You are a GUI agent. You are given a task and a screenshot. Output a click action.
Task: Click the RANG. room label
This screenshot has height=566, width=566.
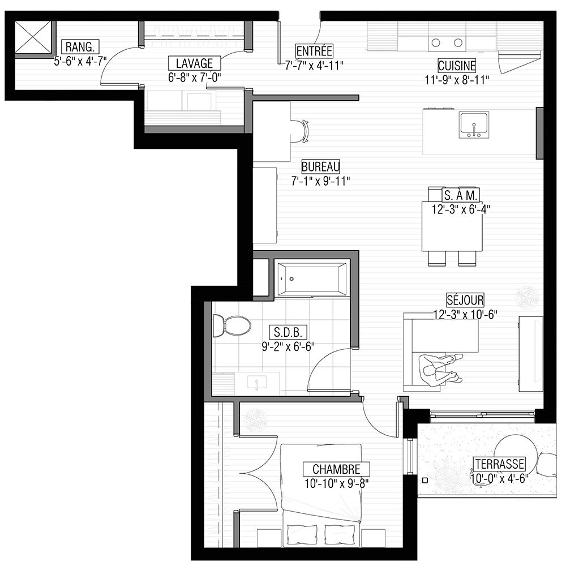[x=80, y=47]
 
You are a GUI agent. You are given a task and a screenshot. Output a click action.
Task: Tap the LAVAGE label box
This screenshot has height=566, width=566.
[x=195, y=63]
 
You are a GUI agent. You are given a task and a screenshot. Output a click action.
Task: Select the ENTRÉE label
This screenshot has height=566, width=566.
[x=314, y=51]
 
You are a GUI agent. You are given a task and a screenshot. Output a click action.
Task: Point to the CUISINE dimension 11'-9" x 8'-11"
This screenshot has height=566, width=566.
[x=457, y=80]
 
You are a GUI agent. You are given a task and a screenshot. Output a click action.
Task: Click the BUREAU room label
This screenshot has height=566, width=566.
[x=320, y=167]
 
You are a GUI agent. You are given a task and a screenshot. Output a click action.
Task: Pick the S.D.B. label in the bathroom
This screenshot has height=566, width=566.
[x=288, y=332]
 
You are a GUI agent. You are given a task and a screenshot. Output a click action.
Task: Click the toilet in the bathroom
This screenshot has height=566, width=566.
[x=231, y=325]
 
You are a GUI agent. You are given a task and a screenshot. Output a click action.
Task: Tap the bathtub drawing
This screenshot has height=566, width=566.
[x=312, y=279]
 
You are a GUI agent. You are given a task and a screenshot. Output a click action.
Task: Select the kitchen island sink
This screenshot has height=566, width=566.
[x=474, y=125]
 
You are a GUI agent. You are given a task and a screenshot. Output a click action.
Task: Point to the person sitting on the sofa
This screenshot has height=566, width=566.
[x=440, y=370]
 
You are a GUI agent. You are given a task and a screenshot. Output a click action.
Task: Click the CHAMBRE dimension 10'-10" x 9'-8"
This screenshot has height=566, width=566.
[x=336, y=484]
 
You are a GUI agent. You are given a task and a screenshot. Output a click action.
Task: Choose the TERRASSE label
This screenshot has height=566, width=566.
[x=500, y=464]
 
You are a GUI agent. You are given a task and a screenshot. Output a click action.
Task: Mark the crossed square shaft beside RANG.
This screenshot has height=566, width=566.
[x=33, y=37]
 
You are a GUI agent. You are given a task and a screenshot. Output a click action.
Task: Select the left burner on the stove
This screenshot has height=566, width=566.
[x=436, y=42]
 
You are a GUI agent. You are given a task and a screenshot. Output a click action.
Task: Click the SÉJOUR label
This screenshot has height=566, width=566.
[x=465, y=300]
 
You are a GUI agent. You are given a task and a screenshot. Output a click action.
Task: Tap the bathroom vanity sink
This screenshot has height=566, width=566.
[x=256, y=383]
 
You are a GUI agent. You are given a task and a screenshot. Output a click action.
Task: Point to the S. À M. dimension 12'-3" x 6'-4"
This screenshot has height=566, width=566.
[x=461, y=210]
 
